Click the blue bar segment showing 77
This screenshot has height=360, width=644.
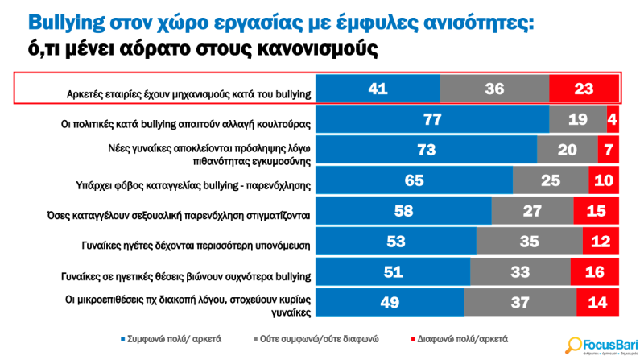point(432,119)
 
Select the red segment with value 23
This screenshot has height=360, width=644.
point(584,89)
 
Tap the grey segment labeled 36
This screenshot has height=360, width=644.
point(494,89)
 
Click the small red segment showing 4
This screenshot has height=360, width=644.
point(613,119)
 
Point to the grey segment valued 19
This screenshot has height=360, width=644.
point(578,119)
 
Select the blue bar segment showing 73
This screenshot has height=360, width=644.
point(426,150)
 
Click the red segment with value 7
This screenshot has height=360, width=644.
point(608,150)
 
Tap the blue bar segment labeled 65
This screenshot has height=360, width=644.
point(414,180)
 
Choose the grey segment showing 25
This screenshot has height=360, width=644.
point(550,180)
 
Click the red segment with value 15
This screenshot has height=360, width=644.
point(596,211)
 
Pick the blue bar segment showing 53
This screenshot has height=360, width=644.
point(395,242)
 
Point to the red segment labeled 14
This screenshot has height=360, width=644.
point(597,303)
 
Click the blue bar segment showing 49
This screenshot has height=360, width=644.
point(390,303)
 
